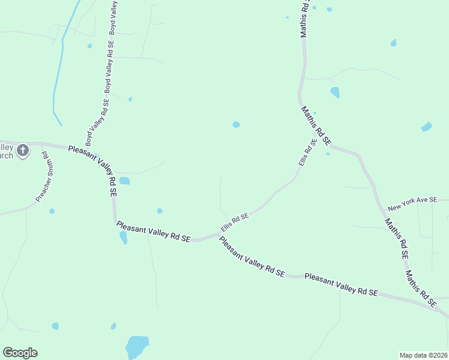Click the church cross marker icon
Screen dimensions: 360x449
[x=23, y=150]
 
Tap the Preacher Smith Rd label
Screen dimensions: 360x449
[x=44, y=177]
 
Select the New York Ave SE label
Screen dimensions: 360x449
[x=417, y=204]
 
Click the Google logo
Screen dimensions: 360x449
[x=20, y=353]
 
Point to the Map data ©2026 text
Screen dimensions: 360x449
[x=423, y=355]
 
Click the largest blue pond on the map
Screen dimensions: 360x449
[x=137, y=346]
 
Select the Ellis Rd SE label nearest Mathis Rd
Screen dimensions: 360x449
[x=307, y=153]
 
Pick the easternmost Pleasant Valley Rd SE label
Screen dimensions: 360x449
[x=341, y=284]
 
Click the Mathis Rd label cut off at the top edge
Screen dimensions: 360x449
[x=306, y=19]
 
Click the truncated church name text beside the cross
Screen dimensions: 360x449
[x=6, y=151]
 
